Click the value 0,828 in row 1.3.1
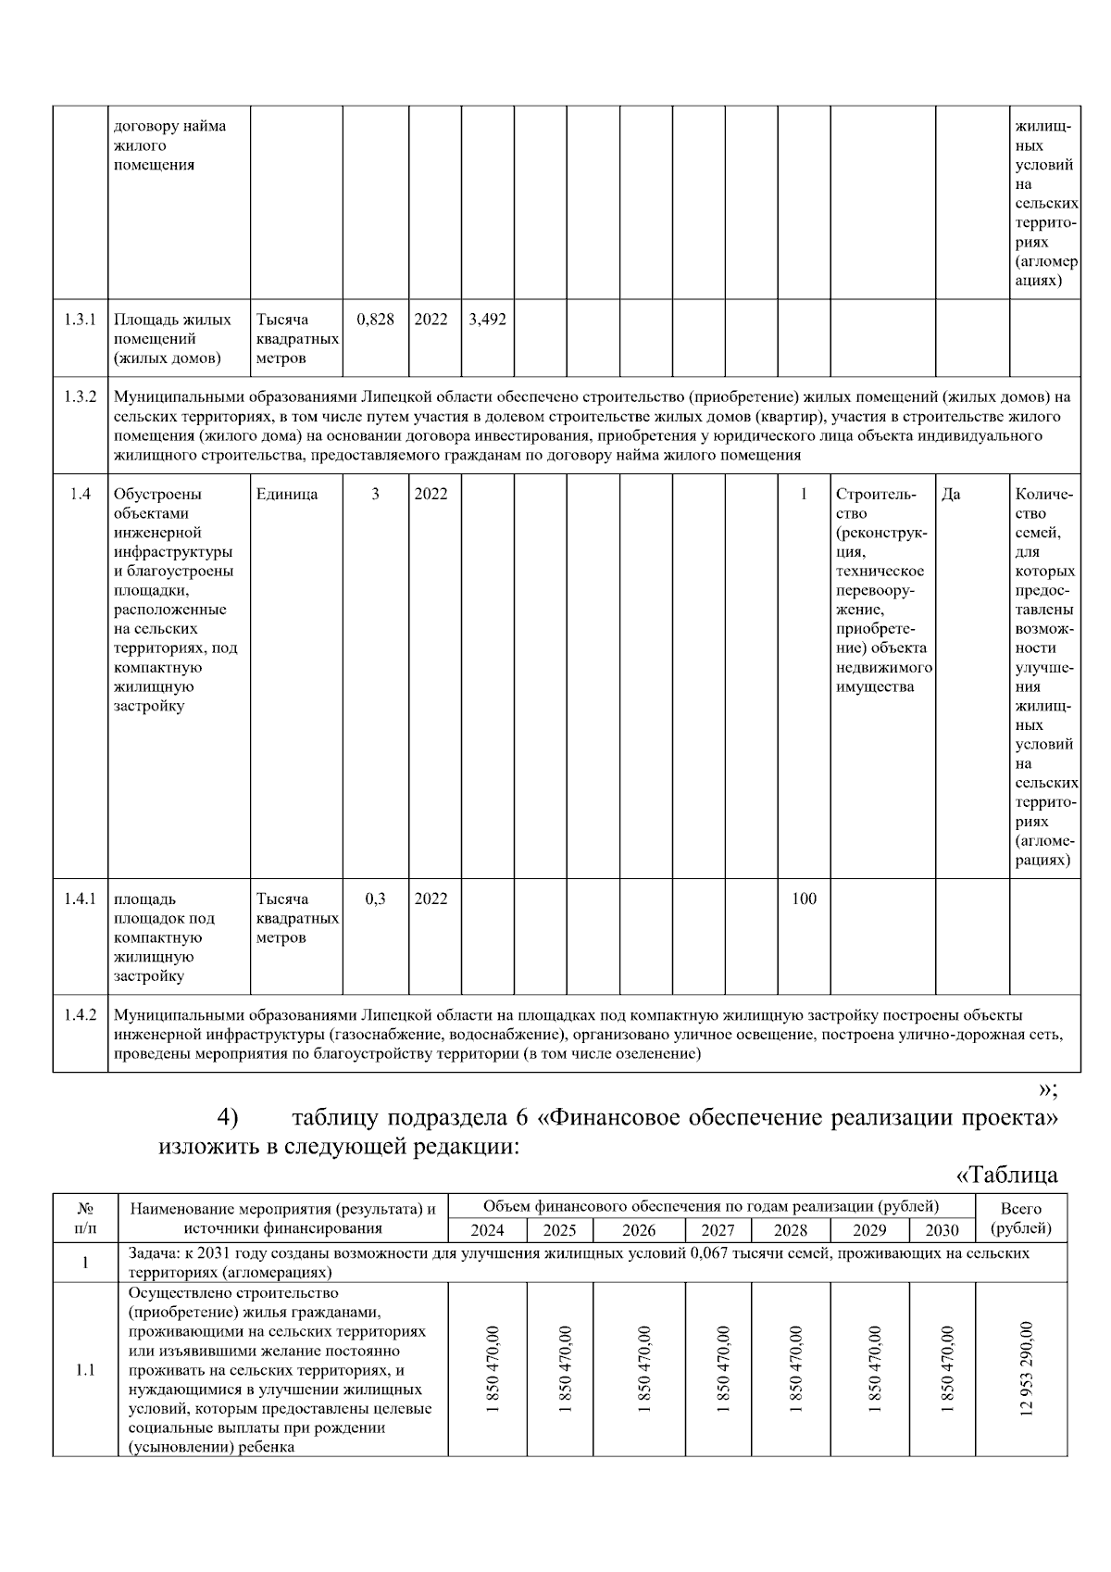click(x=375, y=320)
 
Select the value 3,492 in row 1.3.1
click(x=487, y=320)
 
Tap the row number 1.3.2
click(x=81, y=397)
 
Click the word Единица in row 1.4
click(x=287, y=494)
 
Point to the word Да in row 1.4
click(x=951, y=494)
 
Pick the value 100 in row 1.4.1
click(x=804, y=899)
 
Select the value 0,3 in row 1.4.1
click(x=375, y=899)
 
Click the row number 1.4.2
click(x=81, y=1014)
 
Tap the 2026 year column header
click(x=639, y=1230)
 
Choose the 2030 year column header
click(x=942, y=1230)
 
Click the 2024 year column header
click(x=487, y=1230)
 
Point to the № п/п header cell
click(x=85, y=1218)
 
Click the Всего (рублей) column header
click(x=1021, y=1218)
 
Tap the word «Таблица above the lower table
click(x=1006, y=1176)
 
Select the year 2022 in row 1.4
click(x=431, y=494)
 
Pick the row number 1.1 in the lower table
click(x=85, y=1371)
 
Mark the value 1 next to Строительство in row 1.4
click(x=804, y=494)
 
